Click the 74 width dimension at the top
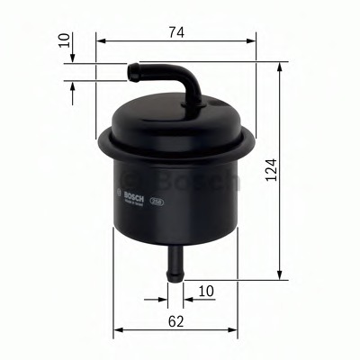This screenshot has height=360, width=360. click(175, 32)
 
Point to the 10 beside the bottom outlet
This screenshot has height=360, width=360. click(206, 290)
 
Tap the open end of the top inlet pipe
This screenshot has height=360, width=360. click(131, 67)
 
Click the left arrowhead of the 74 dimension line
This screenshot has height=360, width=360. click(99, 41)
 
